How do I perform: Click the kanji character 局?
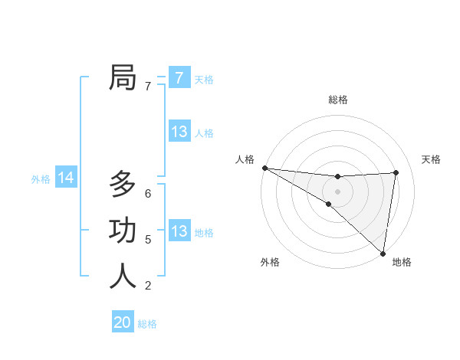(x=123, y=77)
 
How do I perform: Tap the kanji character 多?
(x=123, y=185)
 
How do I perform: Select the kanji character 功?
(x=123, y=231)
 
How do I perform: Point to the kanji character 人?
(x=123, y=277)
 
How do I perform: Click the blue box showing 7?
(x=179, y=77)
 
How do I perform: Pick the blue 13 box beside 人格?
(x=179, y=132)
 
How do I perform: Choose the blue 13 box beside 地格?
(x=179, y=231)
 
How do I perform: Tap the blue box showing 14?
(x=66, y=178)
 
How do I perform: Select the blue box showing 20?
(x=123, y=322)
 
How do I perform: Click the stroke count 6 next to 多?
(x=148, y=194)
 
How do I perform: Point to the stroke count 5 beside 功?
(x=148, y=240)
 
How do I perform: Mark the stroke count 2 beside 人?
(x=148, y=286)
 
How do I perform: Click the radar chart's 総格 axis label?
(x=337, y=100)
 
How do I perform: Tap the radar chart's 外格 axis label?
(x=270, y=263)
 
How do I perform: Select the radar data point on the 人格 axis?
(x=264, y=167)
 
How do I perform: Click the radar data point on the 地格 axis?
(x=383, y=253)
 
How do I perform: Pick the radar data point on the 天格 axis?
(x=396, y=172)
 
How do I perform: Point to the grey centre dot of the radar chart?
(x=337, y=191)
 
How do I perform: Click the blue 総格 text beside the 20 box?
(x=147, y=324)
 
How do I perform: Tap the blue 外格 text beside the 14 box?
(x=41, y=179)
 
